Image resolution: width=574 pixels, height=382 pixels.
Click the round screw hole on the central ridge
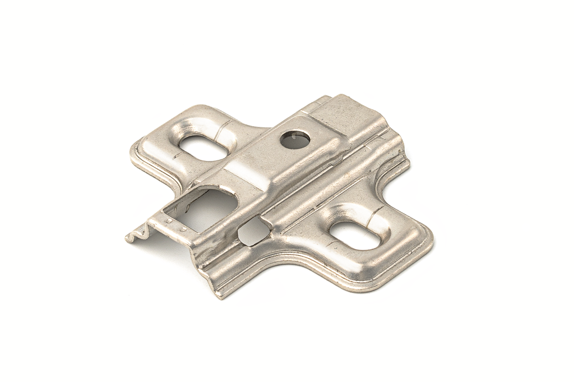click(294, 140)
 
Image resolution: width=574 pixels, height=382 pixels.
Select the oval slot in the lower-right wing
click(355, 236)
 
